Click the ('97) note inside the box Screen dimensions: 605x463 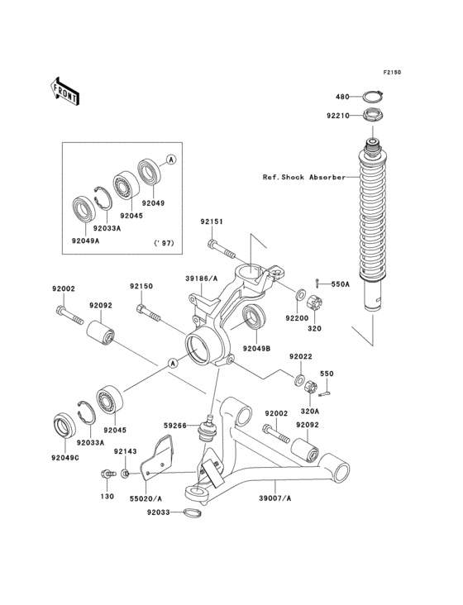(166, 243)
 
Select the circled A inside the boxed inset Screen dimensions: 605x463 (171, 158)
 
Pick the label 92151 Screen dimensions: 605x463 (211, 222)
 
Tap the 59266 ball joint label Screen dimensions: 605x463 (175, 426)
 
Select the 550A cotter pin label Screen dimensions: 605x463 (341, 284)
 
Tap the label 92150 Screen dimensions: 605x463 (141, 286)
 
